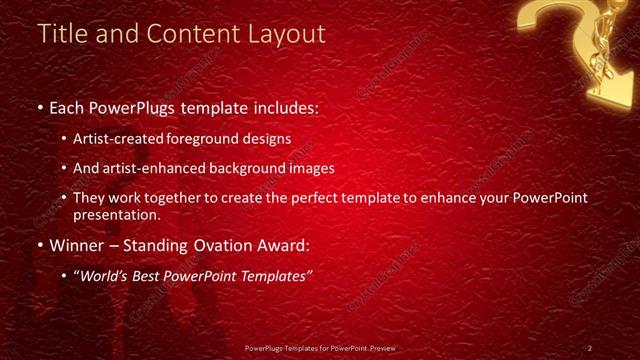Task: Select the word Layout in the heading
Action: pyautogui.click(x=290, y=33)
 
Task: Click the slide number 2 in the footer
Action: pyautogui.click(x=589, y=348)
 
